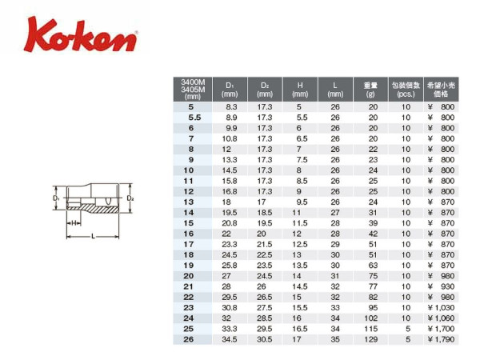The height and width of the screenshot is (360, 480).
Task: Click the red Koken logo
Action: pyautogui.click(x=81, y=35)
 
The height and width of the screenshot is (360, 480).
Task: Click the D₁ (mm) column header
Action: pyautogui.click(x=230, y=90)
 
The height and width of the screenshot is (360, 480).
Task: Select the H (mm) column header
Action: pyautogui.click(x=300, y=90)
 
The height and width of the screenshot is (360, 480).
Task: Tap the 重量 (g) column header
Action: pyautogui.click(x=370, y=90)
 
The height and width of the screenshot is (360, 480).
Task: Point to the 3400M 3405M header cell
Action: pyautogui.click(x=193, y=90)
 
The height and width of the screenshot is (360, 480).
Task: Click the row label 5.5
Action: pyautogui.click(x=194, y=118)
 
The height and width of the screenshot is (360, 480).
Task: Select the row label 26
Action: pyautogui.click(x=189, y=339)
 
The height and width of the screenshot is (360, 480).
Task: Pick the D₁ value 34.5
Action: pyautogui.click(x=230, y=339)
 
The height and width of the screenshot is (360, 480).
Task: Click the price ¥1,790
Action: pyautogui.click(x=441, y=339)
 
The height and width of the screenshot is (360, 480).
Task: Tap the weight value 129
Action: pyautogui.click(x=370, y=339)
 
